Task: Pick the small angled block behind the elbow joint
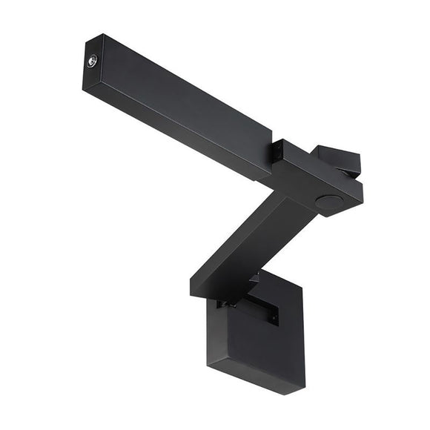point(337,159)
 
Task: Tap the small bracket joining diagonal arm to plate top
point(256,280)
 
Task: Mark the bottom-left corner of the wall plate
point(208,365)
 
